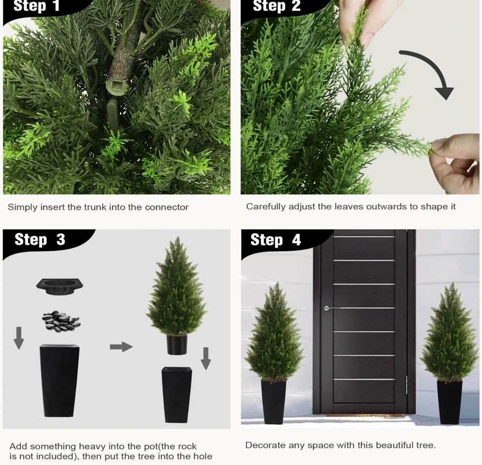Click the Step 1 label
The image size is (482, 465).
point(36,7)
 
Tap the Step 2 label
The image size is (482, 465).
point(276,7)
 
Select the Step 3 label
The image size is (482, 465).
point(40,240)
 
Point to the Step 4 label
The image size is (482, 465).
point(276,240)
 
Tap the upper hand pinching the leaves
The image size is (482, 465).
point(369,20)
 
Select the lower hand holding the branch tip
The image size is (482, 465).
point(457,161)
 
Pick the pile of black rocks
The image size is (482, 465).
point(60,321)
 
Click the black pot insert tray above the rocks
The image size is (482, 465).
point(60,285)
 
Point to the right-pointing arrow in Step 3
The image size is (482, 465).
point(121,347)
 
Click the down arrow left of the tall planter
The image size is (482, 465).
point(19,338)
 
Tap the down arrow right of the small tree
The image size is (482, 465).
point(206,357)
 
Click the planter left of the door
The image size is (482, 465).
point(274,401)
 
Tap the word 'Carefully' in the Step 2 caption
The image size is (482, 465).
point(266,207)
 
